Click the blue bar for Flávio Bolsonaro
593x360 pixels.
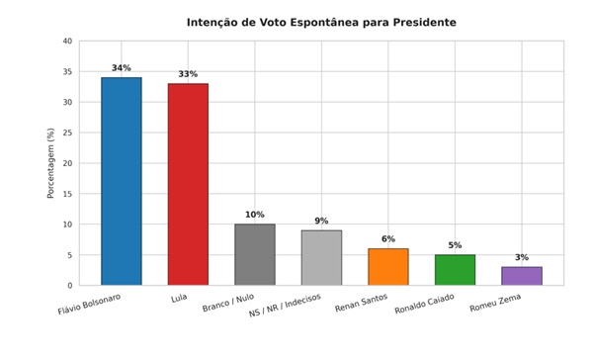point(122,181)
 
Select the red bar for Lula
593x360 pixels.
point(188,184)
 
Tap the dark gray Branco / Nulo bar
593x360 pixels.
point(255,254)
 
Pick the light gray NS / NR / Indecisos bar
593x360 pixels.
point(321,257)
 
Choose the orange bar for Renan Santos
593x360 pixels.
point(388,267)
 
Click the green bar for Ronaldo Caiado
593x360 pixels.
point(455,270)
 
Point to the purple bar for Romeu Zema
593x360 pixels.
point(522,276)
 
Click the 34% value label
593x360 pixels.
point(122,68)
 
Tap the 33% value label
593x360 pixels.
point(188,74)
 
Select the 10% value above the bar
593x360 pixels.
point(255,215)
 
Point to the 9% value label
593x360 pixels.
point(321,221)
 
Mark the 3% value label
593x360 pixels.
point(522,257)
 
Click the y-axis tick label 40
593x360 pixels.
point(67,41)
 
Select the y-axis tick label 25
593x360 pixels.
point(67,133)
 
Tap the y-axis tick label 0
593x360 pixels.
point(70,286)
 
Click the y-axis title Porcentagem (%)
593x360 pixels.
point(50,163)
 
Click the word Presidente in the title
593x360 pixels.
point(424,23)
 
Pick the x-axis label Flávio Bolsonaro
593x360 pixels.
point(89,304)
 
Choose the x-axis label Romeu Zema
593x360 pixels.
point(495,303)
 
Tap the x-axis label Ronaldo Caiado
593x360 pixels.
point(424,304)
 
